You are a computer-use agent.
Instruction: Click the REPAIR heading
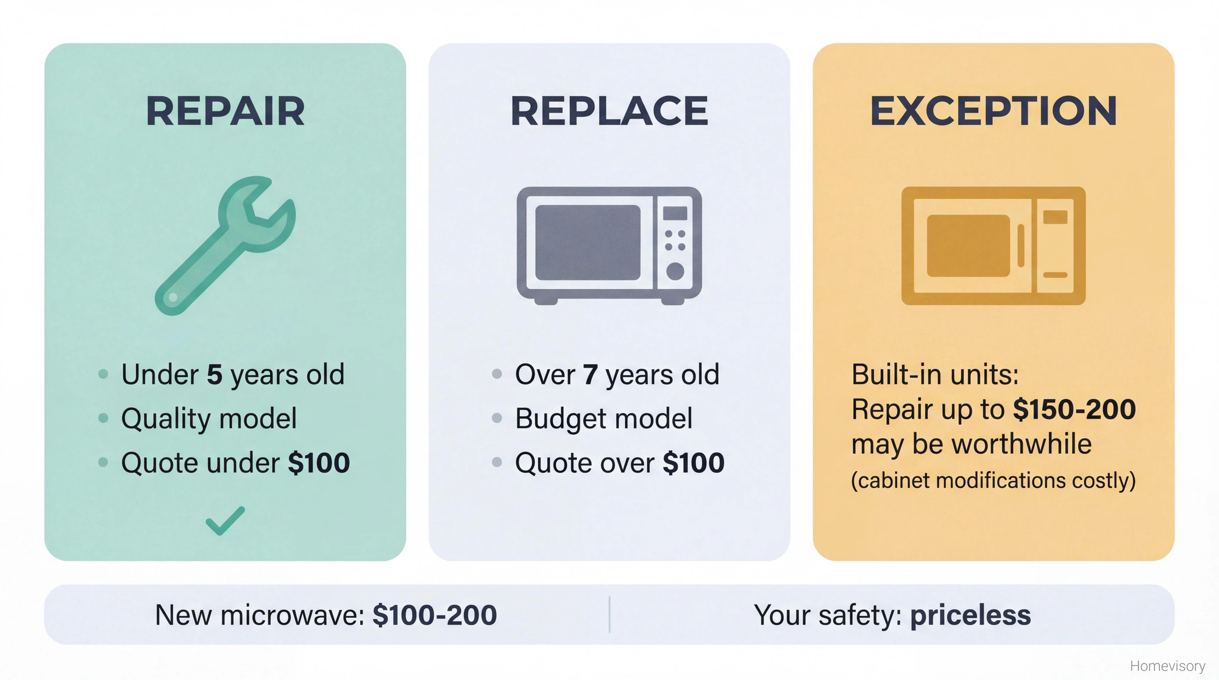(x=225, y=111)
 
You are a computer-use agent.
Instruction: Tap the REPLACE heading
(x=609, y=111)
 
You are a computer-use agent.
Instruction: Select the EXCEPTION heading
(x=993, y=111)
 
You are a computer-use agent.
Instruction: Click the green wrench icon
(x=226, y=245)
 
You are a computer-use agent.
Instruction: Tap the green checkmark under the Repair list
(x=225, y=521)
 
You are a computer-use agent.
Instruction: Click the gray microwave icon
(x=609, y=245)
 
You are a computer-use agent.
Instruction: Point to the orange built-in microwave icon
(x=993, y=245)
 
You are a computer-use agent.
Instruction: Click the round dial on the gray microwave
(x=675, y=271)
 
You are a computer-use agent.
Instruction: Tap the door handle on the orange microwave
(x=1021, y=246)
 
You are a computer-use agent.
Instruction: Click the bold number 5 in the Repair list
(x=215, y=374)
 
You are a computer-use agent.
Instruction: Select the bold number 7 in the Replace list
(x=590, y=374)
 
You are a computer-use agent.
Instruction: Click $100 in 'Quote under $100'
(x=319, y=463)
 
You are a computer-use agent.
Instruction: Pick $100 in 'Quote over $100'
(x=694, y=463)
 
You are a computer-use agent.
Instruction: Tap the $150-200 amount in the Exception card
(x=1074, y=409)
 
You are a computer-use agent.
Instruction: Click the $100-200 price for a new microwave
(x=435, y=615)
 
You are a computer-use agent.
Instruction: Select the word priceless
(x=970, y=615)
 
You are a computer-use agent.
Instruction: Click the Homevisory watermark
(x=1167, y=666)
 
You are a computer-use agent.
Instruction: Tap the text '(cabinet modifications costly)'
(x=993, y=480)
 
